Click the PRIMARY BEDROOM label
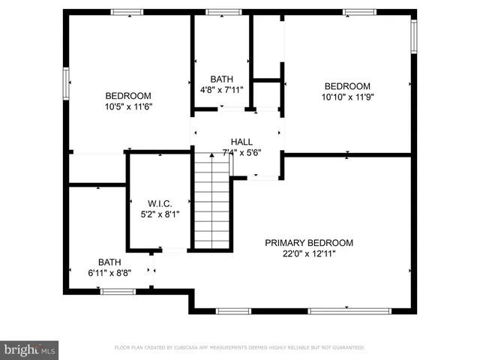[308, 242]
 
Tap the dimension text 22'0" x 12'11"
[308, 253]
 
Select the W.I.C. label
[160, 202]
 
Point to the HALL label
[241, 142]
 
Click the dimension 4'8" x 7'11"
[221, 90]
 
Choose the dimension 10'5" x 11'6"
[128, 106]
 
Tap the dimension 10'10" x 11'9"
[347, 97]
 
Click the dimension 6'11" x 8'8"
[109, 273]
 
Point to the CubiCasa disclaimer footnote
[239, 348]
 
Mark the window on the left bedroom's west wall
[66, 82]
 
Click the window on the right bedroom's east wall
[413, 36]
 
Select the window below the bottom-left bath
[118, 291]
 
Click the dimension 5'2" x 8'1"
[160, 214]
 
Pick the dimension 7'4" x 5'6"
[241, 153]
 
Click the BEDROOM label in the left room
[128, 95]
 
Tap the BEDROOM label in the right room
[347, 85]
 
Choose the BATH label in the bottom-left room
[109, 262]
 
